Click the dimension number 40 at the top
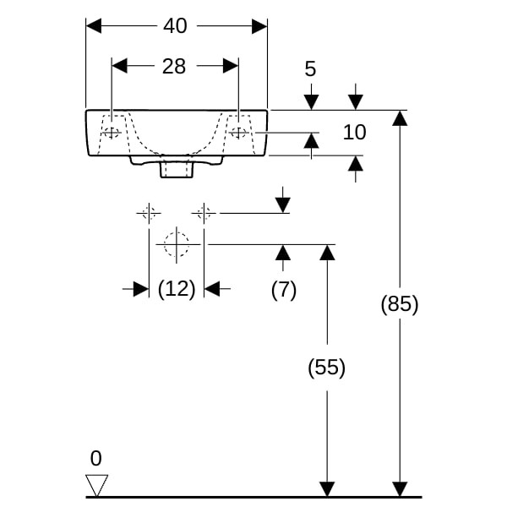tap(175, 26)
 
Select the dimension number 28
tap(174, 67)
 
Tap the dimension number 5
tap(310, 68)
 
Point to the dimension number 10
tap(355, 133)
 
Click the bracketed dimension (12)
tap(177, 289)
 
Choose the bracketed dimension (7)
tap(284, 289)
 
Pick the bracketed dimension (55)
tap(326, 368)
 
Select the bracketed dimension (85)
tap(399, 304)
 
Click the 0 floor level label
tap(95, 459)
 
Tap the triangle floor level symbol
tap(97, 485)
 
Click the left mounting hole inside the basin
tap(111, 133)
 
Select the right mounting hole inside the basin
tap(239, 133)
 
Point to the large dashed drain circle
tap(176, 243)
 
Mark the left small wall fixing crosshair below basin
tap(149, 212)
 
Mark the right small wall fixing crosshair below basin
tap(204, 212)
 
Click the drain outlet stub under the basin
tap(176, 169)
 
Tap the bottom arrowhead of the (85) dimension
tap(400, 489)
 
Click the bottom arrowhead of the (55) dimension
tap(326, 489)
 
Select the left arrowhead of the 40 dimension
tap(94, 26)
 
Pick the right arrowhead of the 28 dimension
tap(231, 66)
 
